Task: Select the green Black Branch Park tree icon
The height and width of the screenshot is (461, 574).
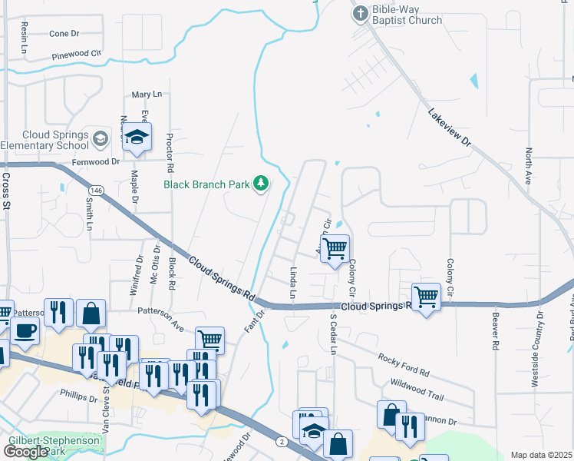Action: [x=262, y=183]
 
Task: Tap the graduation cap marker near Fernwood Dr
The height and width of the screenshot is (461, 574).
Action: [x=137, y=138]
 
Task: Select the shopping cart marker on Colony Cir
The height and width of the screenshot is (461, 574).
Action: [x=335, y=249]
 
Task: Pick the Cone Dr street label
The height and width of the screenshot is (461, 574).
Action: [x=64, y=34]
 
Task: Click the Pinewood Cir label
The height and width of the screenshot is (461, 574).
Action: [x=76, y=56]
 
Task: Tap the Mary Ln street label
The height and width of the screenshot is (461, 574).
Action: [x=147, y=94]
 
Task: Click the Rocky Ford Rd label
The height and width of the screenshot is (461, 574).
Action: [x=403, y=364]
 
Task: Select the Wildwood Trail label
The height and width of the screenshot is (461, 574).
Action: [x=417, y=388]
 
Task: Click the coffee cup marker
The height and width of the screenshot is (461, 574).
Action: [x=25, y=330]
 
